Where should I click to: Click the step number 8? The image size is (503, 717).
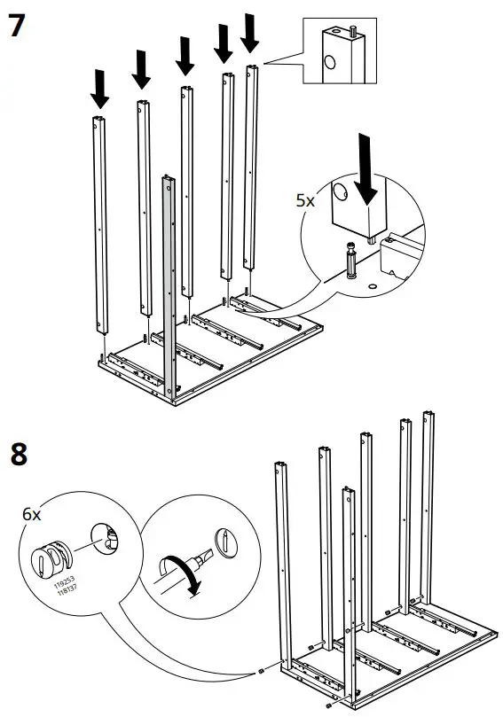click(x=17, y=456)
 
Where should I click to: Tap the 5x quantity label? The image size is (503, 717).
click(x=304, y=200)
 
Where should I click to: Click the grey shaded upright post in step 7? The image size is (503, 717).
click(x=169, y=284)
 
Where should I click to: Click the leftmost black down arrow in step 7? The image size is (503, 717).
click(x=100, y=88)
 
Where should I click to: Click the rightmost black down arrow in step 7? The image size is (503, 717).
click(x=250, y=33)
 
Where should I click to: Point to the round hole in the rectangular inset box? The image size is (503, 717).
click(x=329, y=62)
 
